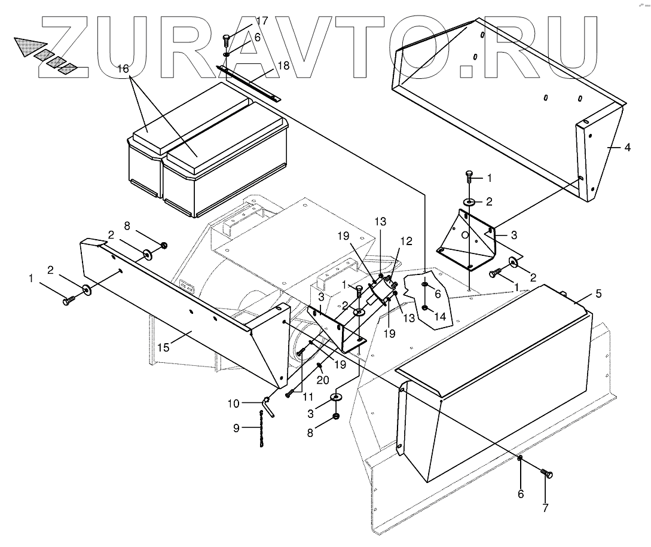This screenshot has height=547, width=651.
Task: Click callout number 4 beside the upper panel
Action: [626, 147]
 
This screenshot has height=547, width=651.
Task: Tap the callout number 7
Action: [546, 509]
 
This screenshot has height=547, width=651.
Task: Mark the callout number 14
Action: [439, 317]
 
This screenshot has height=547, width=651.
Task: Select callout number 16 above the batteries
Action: [123, 69]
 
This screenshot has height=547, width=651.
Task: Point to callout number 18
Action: [283, 65]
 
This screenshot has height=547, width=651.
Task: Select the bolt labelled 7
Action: [547, 473]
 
